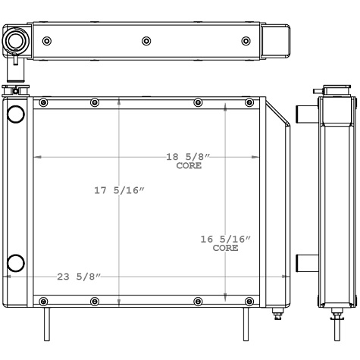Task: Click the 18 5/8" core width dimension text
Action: (188, 157)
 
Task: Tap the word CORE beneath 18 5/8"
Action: (189, 165)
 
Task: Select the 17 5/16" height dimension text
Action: (119, 190)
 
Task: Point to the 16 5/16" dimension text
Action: (225, 239)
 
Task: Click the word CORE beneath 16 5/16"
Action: (225, 248)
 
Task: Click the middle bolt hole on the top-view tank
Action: (146, 40)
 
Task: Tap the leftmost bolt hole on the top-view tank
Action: (47, 40)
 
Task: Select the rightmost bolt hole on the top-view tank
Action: (246, 40)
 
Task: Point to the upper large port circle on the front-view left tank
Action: (15, 114)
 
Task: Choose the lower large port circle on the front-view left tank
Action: (15, 264)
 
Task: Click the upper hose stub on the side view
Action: (304, 114)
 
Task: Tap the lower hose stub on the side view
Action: (304, 264)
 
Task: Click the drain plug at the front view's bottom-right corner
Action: (276, 311)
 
